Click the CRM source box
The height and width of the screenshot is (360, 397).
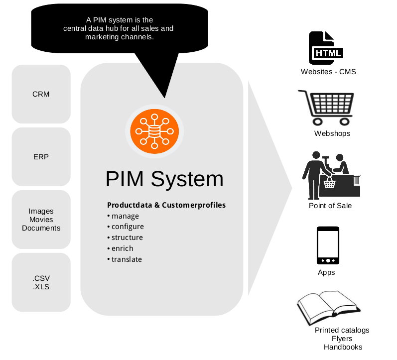click(x=41, y=94)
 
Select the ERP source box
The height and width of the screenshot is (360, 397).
click(x=41, y=157)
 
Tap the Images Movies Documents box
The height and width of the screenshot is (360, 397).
click(x=41, y=220)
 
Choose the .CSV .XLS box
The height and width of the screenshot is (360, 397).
click(x=41, y=282)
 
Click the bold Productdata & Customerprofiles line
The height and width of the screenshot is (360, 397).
click(x=166, y=205)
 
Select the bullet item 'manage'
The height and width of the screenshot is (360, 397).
click(x=125, y=216)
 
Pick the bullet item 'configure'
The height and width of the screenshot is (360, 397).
click(x=127, y=227)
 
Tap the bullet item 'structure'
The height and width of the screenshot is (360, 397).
click(x=127, y=238)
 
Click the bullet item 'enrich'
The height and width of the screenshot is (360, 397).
click(x=122, y=248)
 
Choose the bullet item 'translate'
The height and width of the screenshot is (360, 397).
click(x=126, y=259)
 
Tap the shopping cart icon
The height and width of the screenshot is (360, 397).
click(x=327, y=107)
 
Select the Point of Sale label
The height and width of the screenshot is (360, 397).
click(x=330, y=206)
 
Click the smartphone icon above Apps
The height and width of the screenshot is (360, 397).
click(x=328, y=246)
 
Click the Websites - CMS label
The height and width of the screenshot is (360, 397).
click(x=328, y=72)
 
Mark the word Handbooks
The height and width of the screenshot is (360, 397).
click(x=343, y=347)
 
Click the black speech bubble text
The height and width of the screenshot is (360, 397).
click(x=119, y=28)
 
